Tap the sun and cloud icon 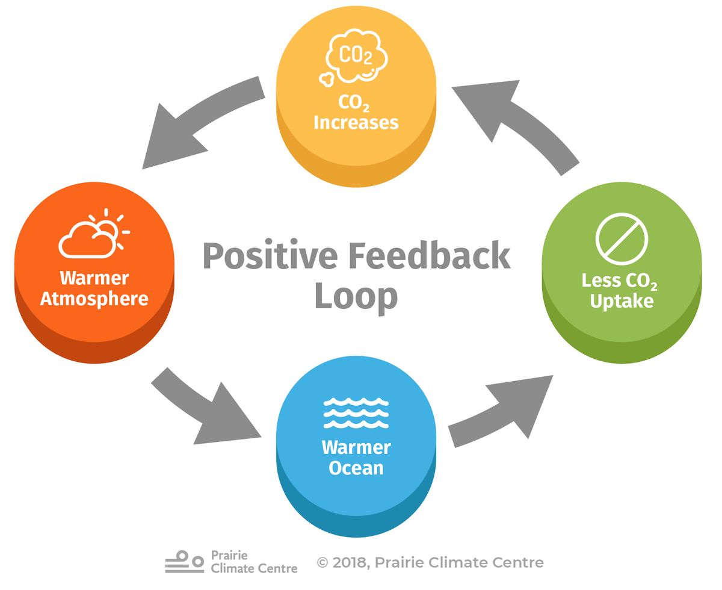93,233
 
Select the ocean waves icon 356,413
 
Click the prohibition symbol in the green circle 622,238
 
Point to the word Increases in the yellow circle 356,123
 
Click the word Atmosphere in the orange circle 94,299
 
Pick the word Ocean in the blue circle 356,468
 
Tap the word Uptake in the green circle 622,301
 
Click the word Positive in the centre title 270,256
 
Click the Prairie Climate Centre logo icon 185,562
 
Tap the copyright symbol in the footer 323,563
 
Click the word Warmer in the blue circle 356,447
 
